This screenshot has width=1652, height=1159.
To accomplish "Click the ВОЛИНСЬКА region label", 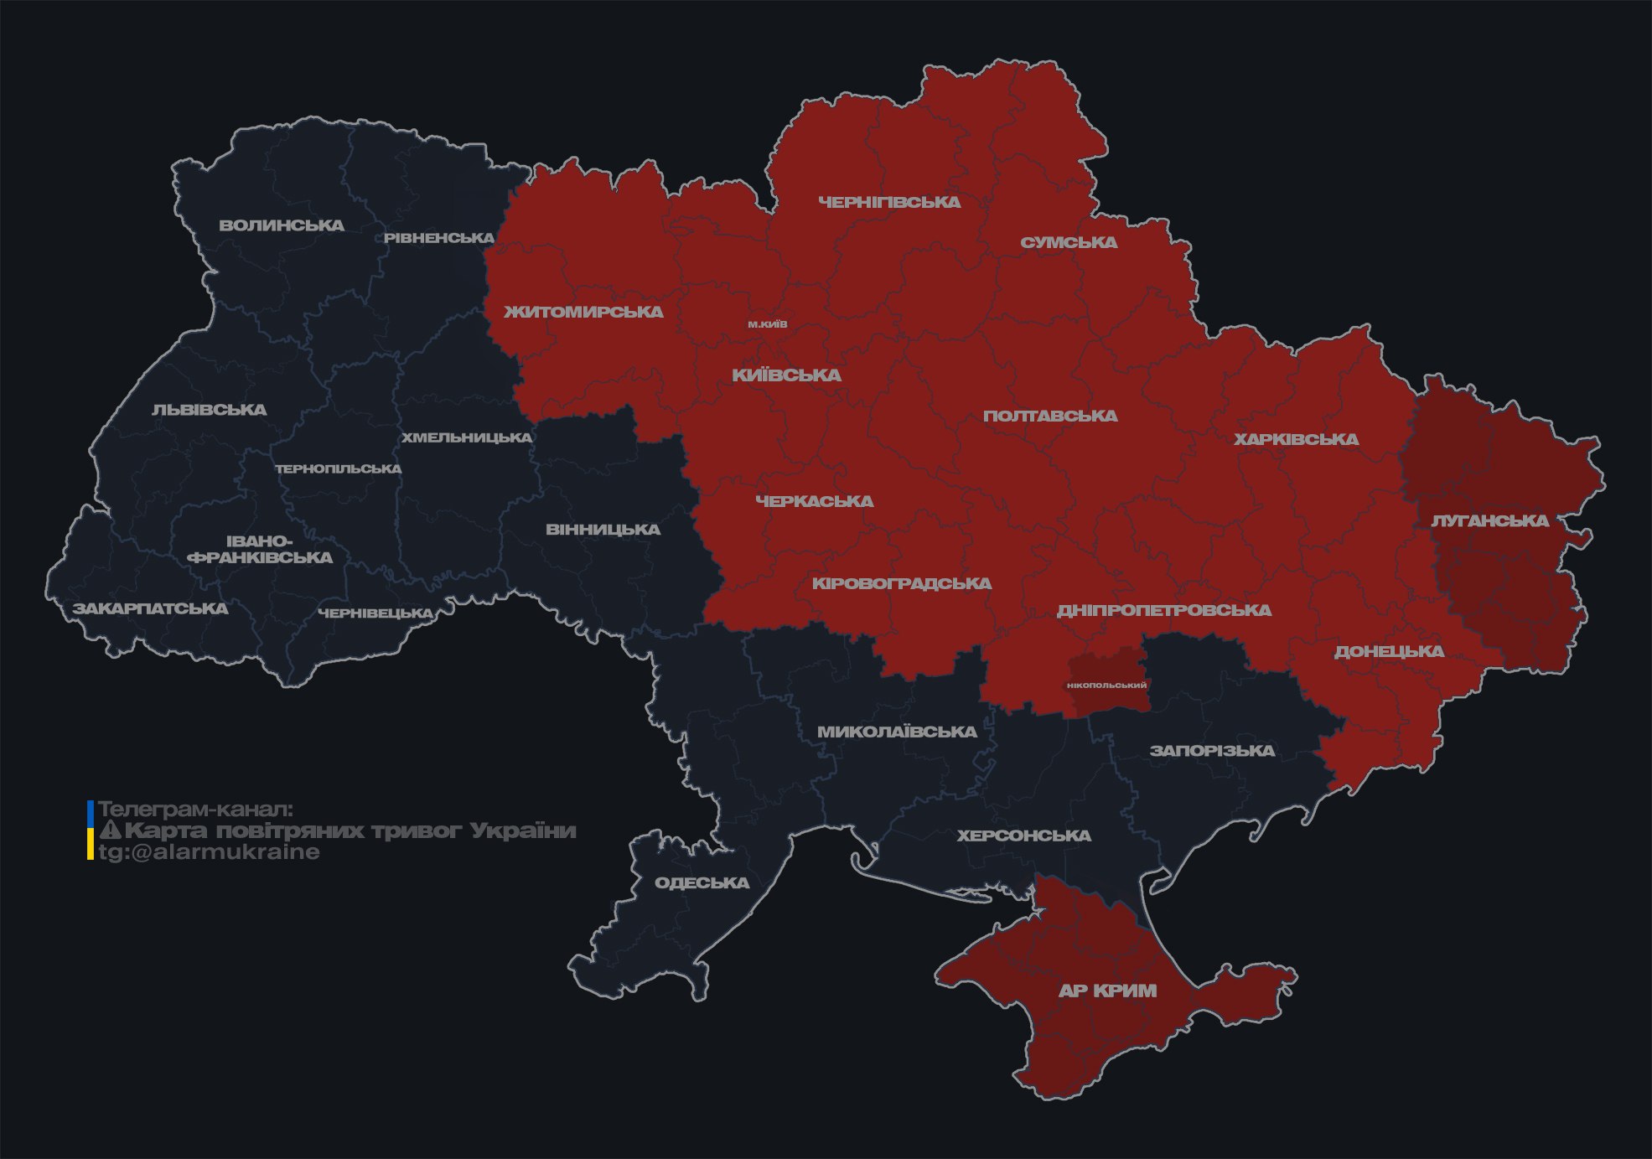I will pyautogui.click(x=282, y=225).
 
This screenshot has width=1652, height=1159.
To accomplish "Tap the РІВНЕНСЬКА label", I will pyautogui.click(x=439, y=238).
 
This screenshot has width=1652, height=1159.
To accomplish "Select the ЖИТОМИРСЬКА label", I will pyautogui.click(x=583, y=312).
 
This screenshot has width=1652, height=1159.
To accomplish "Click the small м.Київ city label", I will pyautogui.click(x=768, y=323).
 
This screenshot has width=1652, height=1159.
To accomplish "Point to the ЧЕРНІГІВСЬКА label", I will pyautogui.click(x=889, y=202).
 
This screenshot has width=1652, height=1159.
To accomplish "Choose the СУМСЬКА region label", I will pyautogui.click(x=1069, y=242).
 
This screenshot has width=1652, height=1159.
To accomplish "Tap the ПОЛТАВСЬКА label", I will pyautogui.click(x=1050, y=416).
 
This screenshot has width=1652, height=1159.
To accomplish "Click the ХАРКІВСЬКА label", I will pyautogui.click(x=1296, y=439).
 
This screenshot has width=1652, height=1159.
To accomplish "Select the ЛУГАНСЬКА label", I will pyautogui.click(x=1489, y=520).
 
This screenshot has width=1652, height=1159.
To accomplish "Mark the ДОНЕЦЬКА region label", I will pyautogui.click(x=1389, y=651).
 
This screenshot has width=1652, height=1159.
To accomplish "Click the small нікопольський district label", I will pyautogui.click(x=1106, y=685).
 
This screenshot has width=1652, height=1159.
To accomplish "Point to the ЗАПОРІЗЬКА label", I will pyautogui.click(x=1212, y=750).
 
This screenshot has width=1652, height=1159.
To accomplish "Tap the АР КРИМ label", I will pyautogui.click(x=1107, y=991).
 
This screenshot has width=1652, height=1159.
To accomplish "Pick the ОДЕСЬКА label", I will pyautogui.click(x=702, y=882).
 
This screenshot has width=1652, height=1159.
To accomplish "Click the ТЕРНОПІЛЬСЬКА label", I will pyautogui.click(x=339, y=468).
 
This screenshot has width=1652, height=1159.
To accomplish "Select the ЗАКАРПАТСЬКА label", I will pyautogui.click(x=150, y=608).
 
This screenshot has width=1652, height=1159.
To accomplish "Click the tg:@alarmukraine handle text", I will pyautogui.click(x=209, y=851).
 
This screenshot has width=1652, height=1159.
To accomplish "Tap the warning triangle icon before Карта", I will pyautogui.click(x=110, y=830).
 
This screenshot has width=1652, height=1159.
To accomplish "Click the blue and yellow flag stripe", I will pyautogui.click(x=90, y=830).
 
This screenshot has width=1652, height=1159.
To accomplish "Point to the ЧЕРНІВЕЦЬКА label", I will pyautogui.click(x=375, y=613).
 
